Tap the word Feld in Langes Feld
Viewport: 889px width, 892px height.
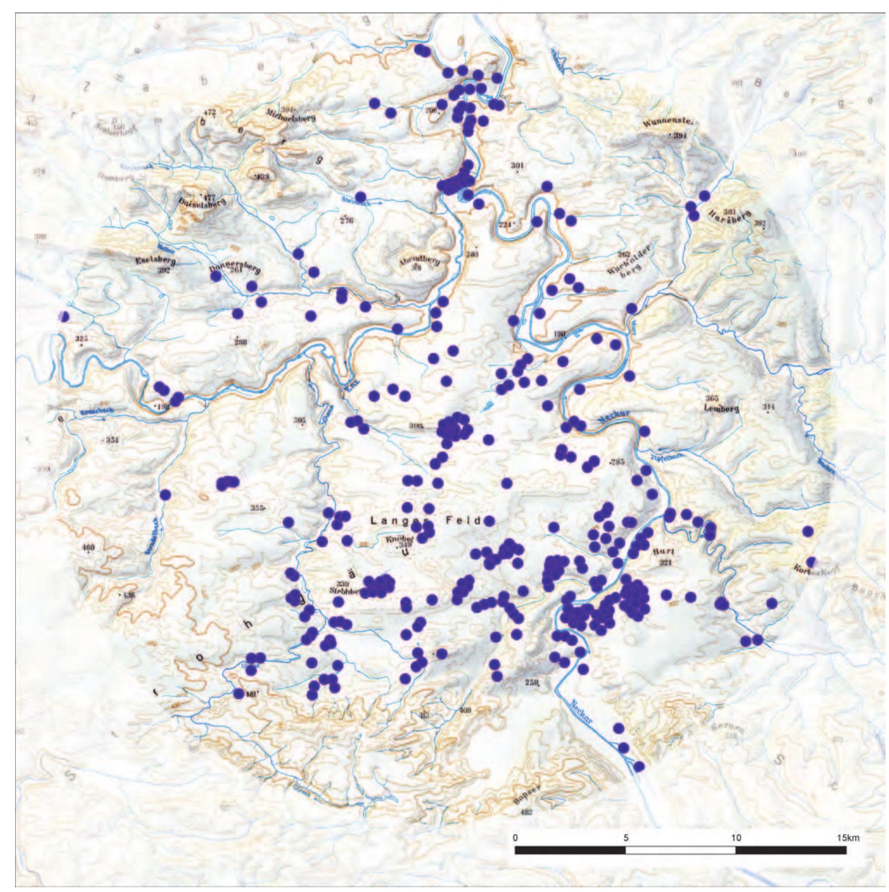coord(463,521)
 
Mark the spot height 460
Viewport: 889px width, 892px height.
coord(88,548)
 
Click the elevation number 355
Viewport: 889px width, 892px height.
coord(257,508)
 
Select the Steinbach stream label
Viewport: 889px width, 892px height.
coord(356,200)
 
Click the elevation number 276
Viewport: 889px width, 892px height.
coord(347,221)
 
